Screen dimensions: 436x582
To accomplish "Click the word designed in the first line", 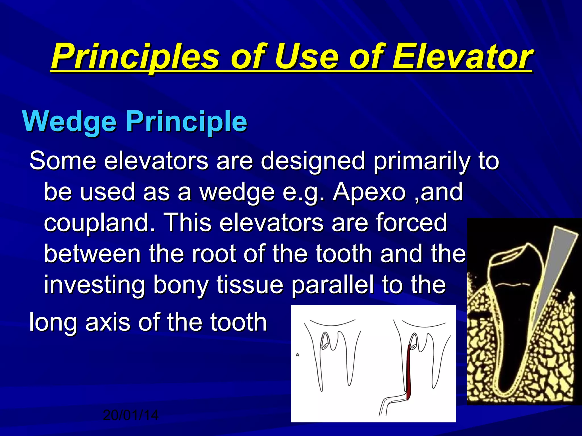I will pos(313,161).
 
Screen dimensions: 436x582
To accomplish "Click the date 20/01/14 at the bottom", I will pos(130,416).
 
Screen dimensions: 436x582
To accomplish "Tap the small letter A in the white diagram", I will pos(297,355).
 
